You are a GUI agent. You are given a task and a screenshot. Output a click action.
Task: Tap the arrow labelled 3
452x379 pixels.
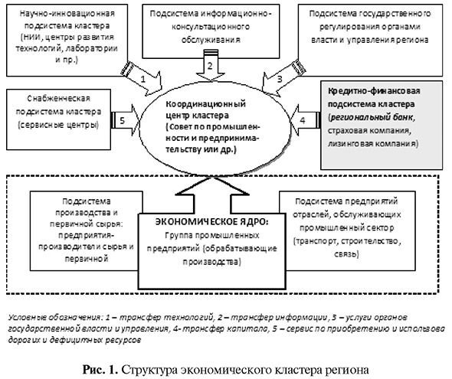pos(280,77)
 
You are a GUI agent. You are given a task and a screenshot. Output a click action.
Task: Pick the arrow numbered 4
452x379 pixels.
pos(303,121)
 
